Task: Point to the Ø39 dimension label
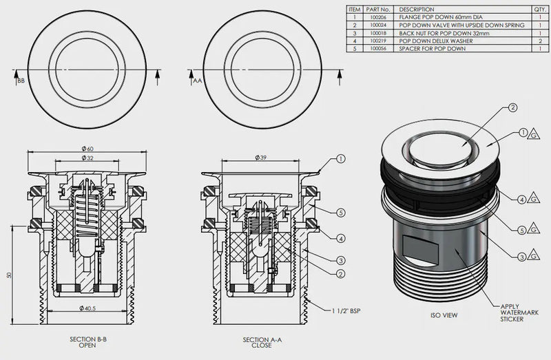261,158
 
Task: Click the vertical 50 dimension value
10,275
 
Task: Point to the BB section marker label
21,81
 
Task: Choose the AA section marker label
197,81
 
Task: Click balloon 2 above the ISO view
513,108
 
